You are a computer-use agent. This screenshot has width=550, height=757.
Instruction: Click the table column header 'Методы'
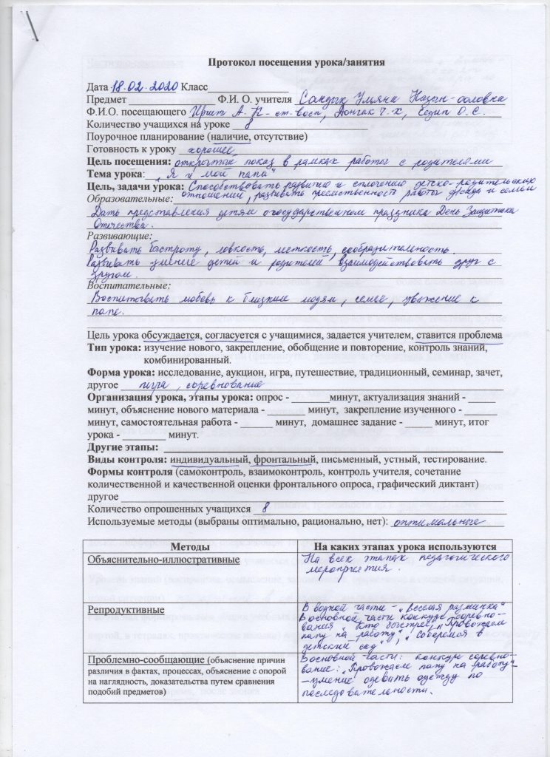coord(191,545)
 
